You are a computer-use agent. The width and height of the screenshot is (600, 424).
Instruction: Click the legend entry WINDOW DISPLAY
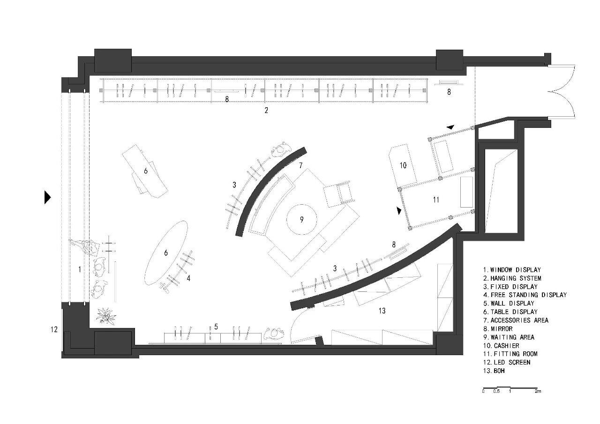(x=512, y=270)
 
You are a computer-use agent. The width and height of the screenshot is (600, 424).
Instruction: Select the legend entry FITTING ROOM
(x=510, y=354)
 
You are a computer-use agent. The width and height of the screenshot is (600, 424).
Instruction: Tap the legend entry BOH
(x=494, y=371)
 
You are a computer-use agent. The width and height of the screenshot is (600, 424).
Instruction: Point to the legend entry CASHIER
(x=501, y=346)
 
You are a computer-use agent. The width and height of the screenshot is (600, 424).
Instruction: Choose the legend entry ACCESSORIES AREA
(x=516, y=320)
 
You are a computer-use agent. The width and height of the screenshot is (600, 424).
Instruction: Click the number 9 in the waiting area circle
(x=301, y=219)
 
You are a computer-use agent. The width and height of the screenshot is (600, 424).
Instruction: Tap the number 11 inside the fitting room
(x=436, y=200)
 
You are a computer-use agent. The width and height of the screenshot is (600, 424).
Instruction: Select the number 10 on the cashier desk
(x=403, y=165)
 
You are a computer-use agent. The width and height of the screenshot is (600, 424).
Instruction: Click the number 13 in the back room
(x=382, y=311)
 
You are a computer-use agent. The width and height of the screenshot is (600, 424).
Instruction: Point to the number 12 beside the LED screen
(x=54, y=329)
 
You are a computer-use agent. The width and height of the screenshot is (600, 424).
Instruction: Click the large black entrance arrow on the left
(x=47, y=198)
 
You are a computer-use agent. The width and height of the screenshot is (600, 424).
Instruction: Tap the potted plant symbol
(x=106, y=316)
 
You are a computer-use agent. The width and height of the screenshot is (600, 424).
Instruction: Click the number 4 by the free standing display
(x=188, y=278)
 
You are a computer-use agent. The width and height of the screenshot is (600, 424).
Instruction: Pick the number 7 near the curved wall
(x=301, y=165)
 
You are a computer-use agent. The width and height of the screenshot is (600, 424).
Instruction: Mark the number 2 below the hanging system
(x=266, y=110)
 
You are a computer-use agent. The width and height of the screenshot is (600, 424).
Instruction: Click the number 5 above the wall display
(x=216, y=327)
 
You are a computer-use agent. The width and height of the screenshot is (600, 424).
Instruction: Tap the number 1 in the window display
(x=80, y=269)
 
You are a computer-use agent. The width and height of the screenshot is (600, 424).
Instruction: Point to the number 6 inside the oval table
(x=166, y=253)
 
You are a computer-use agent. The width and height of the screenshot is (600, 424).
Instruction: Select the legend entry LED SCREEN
(x=507, y=363)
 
